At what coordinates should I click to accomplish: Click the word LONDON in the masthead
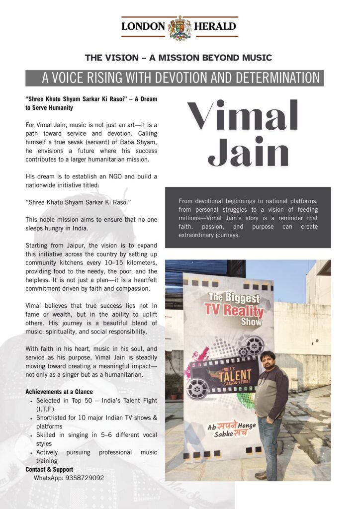(x=143, y=27)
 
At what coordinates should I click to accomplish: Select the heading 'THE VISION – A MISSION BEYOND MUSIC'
(x=179, y=58)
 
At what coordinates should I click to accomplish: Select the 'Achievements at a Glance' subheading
(x=59, y=392)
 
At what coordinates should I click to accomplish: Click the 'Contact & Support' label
(x=49, y=470)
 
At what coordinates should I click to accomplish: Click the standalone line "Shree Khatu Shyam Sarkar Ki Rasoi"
(x=78, y=202)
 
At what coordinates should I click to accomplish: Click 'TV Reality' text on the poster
(x=234, y=312)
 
